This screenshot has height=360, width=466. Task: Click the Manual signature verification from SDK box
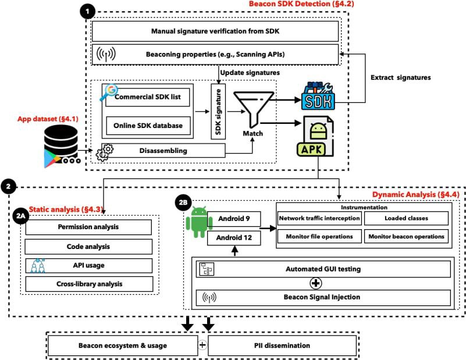pos(215,31)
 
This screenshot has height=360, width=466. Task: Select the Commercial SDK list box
pos(148,97)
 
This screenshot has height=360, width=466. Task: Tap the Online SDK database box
pos(148,126)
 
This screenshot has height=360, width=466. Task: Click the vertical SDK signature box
pos(218,112)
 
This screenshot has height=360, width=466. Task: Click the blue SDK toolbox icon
pos(318,96)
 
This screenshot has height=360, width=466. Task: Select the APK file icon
pos(315,136)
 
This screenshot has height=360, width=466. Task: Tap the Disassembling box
pos(163,151)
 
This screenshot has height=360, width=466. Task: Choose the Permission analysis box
pos(88,227)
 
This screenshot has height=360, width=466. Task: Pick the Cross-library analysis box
pos(89,284)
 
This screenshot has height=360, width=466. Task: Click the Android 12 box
pos(234,238)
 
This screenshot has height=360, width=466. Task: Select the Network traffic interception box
pos(319,218)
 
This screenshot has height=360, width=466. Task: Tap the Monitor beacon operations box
pos(406,237)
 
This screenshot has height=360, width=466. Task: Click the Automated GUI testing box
pos(323,269)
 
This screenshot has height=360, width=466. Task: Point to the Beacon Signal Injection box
pos(323,297)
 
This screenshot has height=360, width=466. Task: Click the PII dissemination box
pos(282,345)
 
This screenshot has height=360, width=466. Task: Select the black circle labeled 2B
pos(183,202)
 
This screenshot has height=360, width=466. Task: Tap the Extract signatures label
pos(401,77)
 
